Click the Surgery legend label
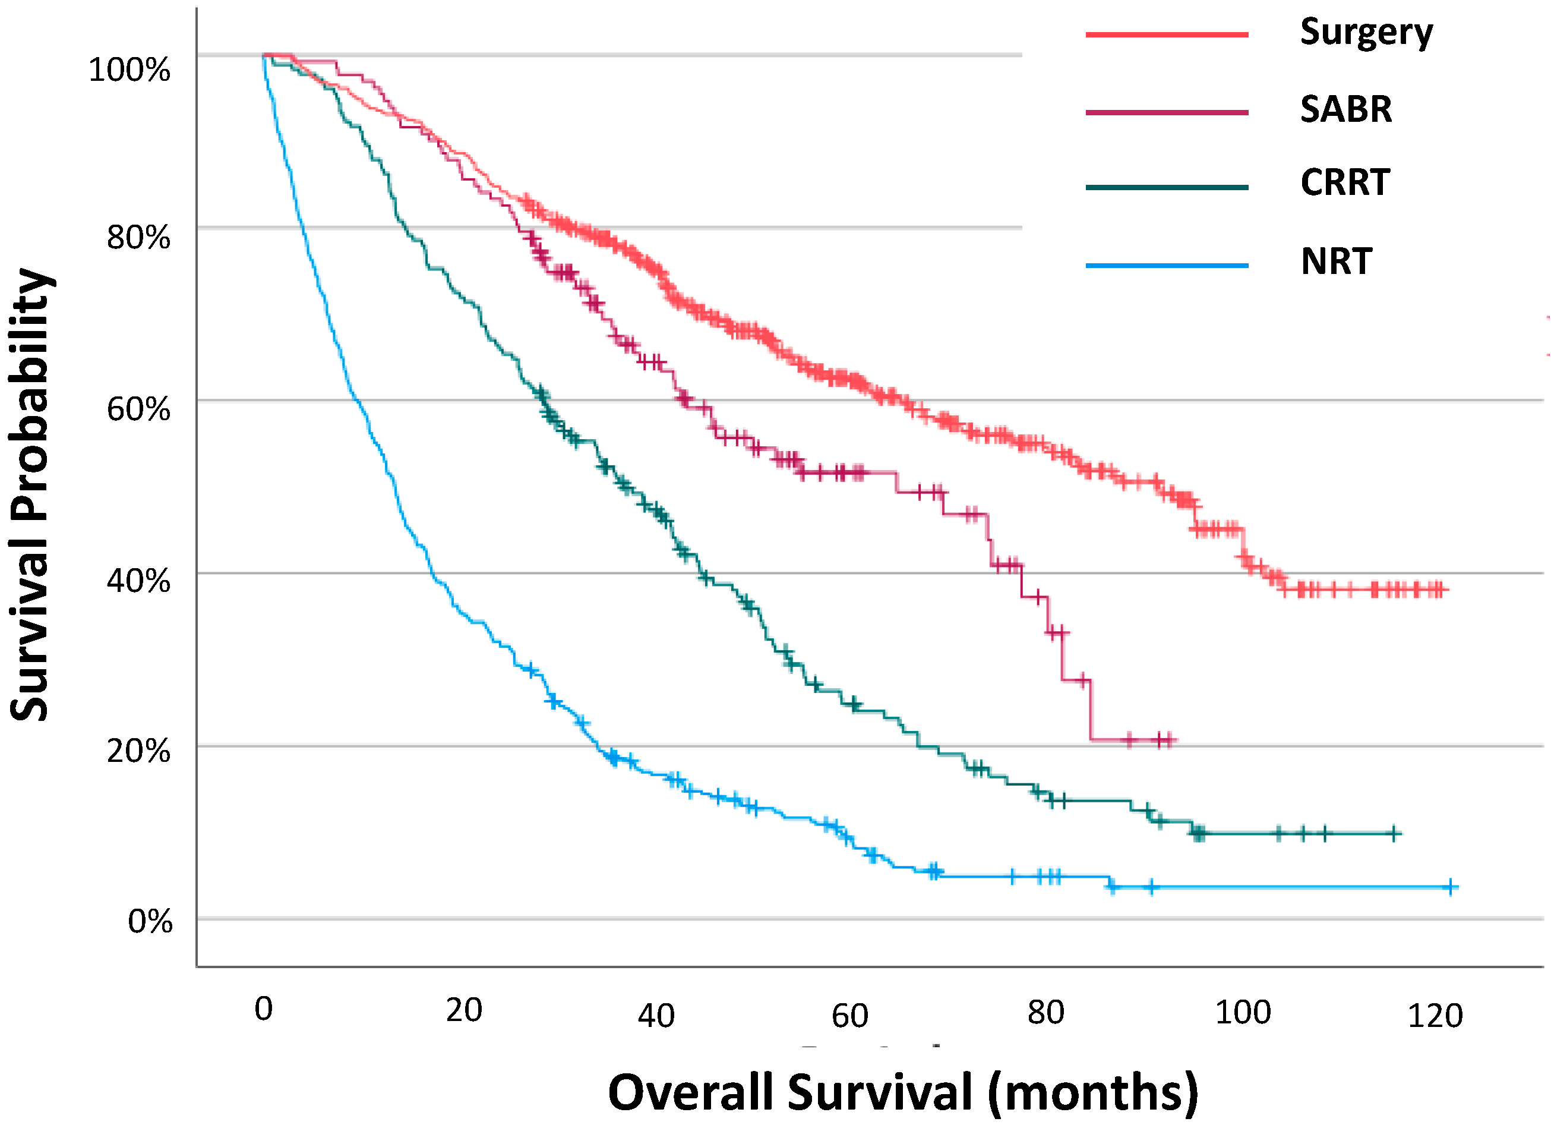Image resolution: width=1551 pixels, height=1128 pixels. click(1366, 33)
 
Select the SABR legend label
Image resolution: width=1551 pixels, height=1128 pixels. click(1345, 109)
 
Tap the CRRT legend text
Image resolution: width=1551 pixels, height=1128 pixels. click(1344, 182)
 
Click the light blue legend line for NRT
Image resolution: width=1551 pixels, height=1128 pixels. click(1167, 266)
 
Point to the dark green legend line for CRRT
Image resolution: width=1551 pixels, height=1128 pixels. click(1167, 187)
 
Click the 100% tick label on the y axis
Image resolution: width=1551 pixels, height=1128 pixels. click(129, 70)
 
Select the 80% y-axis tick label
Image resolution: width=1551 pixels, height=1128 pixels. click(138, 238)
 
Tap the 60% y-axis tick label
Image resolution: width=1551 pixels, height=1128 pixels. click(138, 409)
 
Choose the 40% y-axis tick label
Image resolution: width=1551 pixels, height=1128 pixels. click(138, 581)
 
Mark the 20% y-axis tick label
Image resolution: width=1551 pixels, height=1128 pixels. click(138, 751)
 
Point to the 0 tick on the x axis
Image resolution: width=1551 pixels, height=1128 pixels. click(263, 1009)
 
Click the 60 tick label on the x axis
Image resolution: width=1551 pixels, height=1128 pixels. click(849, 1016)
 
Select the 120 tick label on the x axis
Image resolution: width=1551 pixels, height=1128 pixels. click(1435, 1016)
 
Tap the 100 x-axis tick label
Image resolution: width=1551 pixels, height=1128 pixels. click(1243, 1012)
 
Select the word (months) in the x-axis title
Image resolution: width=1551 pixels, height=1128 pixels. click(1093, 1092)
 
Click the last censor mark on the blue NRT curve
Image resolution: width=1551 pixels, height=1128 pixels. click(1449, 887)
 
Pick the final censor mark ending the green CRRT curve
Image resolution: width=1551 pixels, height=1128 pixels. click(1394, 833)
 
